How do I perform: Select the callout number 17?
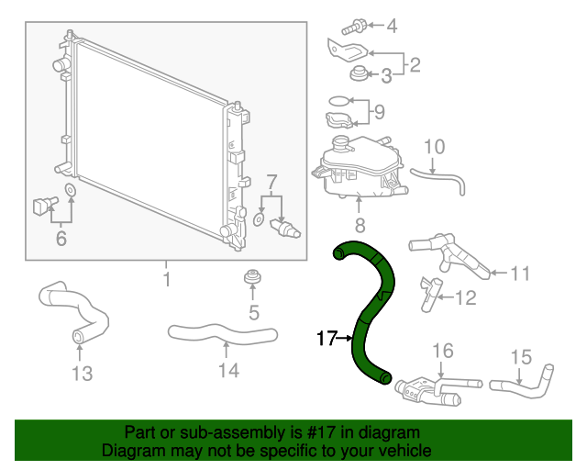[x=326, y=339]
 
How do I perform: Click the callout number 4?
[x=392, y=26]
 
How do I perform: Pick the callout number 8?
[x=360, y=224]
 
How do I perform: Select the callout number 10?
[x=434, y=146]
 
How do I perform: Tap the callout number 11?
[x=520, y=273]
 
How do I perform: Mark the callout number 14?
[x=227, y=370]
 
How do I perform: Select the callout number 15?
[x=520, y=356]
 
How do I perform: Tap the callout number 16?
[x=442, y=351]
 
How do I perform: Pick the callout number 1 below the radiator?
[x=166, y=278]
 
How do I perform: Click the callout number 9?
[x=378, y=113]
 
